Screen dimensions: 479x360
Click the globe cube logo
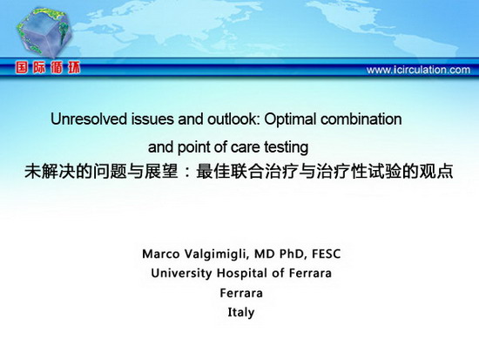click(x=44, y=33)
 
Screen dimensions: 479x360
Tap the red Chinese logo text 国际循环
click(x=48, y=68)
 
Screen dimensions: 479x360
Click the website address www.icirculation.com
click(x=418, y=70)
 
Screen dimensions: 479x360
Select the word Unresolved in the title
click(x=89, y=119)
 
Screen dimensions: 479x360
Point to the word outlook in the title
click(x=233, y=119)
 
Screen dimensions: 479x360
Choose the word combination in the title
click(x=361, y=119)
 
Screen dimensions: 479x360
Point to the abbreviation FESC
click(x=326, y=254)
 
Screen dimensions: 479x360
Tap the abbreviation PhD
click(x=293, y=254)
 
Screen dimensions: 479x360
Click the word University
click(x=181, y=273)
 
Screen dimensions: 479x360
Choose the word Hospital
click(x=242, y=273)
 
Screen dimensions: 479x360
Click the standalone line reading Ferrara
click(x=241, y=293)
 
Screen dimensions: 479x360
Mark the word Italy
click(x=241, y=313)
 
